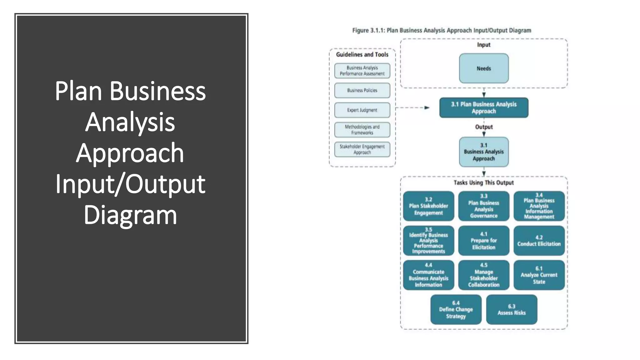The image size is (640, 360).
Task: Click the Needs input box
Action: (x=484, y=68)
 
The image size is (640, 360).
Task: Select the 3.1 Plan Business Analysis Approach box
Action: (x=484, y=108)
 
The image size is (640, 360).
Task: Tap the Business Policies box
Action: (x=362, y=91)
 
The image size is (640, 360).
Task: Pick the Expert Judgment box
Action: (x=362, y=110)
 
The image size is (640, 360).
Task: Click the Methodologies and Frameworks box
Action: (x=362, y=130)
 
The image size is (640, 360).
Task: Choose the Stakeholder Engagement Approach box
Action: (x=362, y=149)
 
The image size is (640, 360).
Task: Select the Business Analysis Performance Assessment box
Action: (x=362, y=71)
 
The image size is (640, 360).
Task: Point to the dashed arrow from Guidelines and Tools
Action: (x=412, y=108)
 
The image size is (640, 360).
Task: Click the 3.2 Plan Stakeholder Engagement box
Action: (x=428, y=206)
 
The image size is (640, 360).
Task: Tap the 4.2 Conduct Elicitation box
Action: (x=539, y=241)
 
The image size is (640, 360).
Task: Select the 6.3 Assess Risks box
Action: (x=512, y=310)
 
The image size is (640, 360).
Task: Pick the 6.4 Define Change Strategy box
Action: (x=456, y=310)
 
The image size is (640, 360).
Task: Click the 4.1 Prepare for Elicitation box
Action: (x=484, y=241)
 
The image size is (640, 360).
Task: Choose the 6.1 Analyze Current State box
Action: (x=539, y=275)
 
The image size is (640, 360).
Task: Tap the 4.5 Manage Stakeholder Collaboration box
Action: (x=484, y=275)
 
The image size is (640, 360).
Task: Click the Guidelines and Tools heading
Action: (x=362, y=55)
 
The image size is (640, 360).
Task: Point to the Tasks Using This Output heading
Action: (x=484, y=183)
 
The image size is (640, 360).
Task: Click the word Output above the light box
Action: (x=484, y=127)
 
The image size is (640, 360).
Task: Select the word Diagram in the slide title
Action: (x=130, y=215)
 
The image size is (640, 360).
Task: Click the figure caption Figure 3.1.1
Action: (x=442, y=31)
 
